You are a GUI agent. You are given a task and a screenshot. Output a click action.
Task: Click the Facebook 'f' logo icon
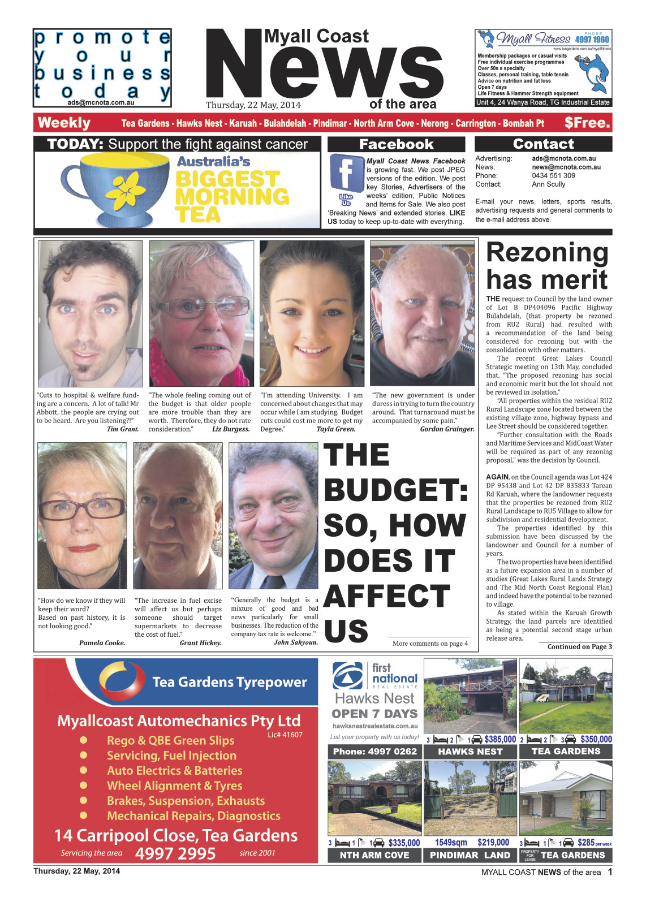tap(346, 172)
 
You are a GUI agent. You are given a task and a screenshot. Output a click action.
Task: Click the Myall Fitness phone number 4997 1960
tap(592, 40)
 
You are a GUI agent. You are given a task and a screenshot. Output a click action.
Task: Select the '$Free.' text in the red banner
tap(587, 123)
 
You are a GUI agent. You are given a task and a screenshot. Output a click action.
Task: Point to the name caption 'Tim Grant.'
tap(123, 429)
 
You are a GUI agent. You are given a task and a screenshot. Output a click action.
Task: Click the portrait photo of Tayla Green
tap(312, 313)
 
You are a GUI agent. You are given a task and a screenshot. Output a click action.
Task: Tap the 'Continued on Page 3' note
tap(579, 646)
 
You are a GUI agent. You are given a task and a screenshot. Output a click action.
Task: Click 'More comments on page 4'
tap(430, 643)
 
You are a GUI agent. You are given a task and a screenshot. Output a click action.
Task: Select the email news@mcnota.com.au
tap(566, 167)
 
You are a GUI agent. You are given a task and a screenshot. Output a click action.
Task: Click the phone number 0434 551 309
tap(553, 176)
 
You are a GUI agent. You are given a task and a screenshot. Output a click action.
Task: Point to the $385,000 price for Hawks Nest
tap(500, 739)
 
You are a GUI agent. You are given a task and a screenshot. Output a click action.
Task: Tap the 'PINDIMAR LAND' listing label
tap(470, 855)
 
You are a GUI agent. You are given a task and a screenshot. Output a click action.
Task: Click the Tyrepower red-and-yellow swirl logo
tap(122, 681)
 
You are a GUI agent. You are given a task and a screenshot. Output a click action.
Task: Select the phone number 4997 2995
tap(175, 853)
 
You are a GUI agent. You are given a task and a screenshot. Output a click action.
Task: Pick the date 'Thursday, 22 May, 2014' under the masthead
tap(253, 105)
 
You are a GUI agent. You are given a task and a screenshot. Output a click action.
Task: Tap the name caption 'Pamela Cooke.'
tap(102, 642)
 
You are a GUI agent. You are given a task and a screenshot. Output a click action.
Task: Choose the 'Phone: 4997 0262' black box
tap(374, 752)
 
